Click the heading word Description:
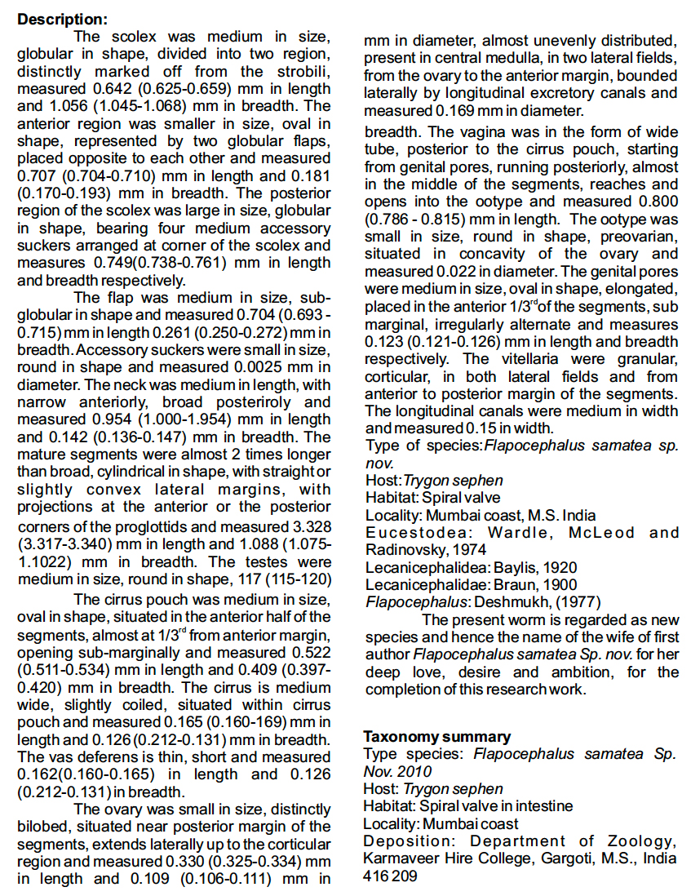(x=61, y=19)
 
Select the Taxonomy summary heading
(x=437, y=737)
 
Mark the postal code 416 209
(x=390, y=876)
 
